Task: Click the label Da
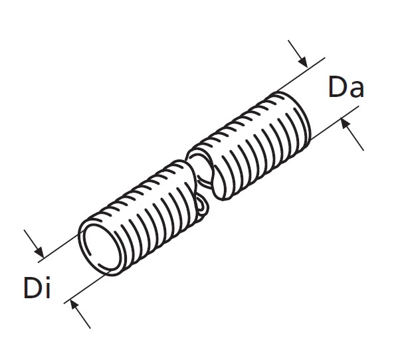pyautogui.click(x=346, y=88)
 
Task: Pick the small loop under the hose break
pyautogui.click(x=203, y=208)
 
